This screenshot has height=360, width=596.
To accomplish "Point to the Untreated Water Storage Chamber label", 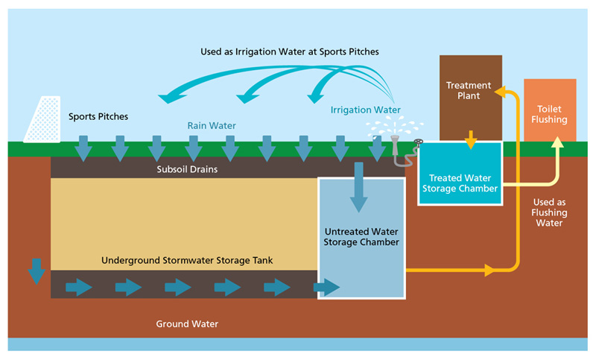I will (362, 237).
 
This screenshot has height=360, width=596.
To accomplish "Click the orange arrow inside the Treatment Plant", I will (471, 139).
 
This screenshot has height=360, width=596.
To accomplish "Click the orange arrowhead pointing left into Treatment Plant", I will (501, 92).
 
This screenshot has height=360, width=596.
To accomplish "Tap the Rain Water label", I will (211, 126).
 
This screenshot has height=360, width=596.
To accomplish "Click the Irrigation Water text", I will (366, 110).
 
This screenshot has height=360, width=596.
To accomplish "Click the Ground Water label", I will (187, 324).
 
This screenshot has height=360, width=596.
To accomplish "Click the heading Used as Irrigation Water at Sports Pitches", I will (290, 52).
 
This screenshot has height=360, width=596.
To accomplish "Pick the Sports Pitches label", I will (98, 117).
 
